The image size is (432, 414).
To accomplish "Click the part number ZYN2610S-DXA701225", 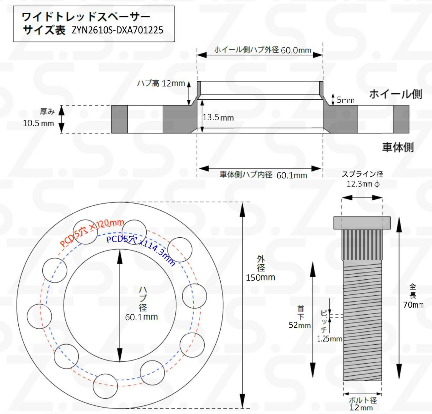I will click(117, 30).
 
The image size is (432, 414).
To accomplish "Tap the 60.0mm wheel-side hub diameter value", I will click(296, 50).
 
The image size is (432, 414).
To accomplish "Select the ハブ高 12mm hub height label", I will click(161, 83).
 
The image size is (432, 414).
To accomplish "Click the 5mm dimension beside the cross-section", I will click(345, 100).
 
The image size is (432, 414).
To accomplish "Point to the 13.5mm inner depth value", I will click(218, 117).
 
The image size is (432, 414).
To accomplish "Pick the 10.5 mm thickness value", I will click(38, 123).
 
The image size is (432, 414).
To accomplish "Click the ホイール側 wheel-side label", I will click(396, 94).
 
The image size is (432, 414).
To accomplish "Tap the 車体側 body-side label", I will click(398, 147).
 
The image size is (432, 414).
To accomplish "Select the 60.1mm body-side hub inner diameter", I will click(292, 176).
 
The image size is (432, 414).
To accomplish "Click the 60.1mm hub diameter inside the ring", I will click(141, 317).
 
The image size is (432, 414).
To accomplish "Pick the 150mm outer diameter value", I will click(260, 277).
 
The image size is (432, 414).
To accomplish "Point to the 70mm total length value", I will click(413, 305).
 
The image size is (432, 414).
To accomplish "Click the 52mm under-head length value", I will click(300, 325).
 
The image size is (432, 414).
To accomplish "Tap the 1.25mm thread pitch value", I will click(329, 339).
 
